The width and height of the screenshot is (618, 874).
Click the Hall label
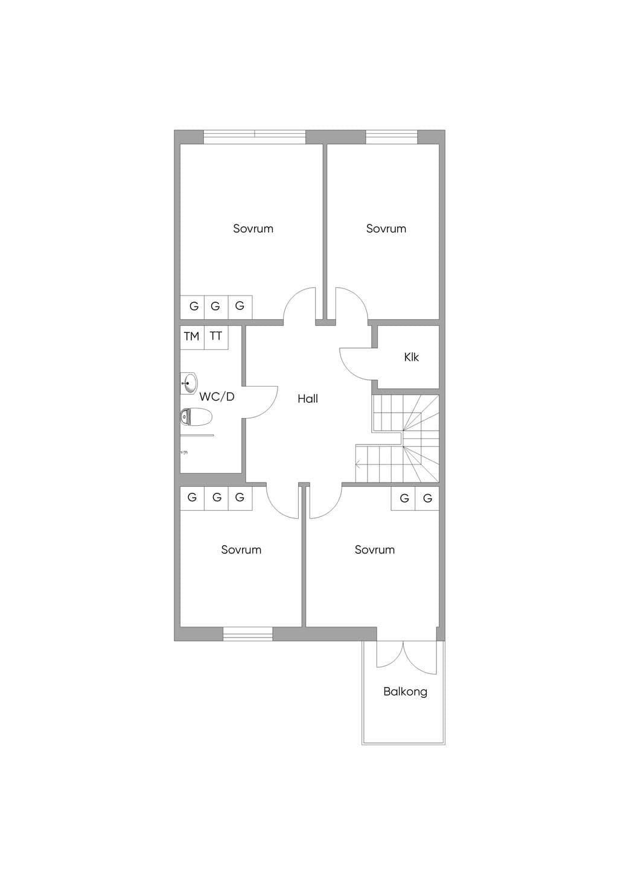point(308,399)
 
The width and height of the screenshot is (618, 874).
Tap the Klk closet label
point(412,357)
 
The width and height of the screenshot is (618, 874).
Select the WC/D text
point(217,397)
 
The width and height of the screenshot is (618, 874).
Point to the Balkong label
point(405,692)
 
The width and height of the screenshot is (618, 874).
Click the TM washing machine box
point(192,337)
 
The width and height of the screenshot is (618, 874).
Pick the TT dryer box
point(216,337)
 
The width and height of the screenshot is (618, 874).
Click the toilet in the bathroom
point(196,417)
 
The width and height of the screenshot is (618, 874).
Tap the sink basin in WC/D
point(188,384)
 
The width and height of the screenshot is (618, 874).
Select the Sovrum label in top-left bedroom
point(253,228)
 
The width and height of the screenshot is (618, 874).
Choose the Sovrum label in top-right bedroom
point(386,228)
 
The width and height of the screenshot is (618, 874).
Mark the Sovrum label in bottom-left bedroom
point(241,549)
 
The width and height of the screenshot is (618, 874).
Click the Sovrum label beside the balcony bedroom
point(375,549)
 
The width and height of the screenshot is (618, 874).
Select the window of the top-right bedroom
point(392,137)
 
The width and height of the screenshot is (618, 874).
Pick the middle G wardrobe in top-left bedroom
point(216,307)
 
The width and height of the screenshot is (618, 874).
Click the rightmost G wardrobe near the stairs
point(427,498)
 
